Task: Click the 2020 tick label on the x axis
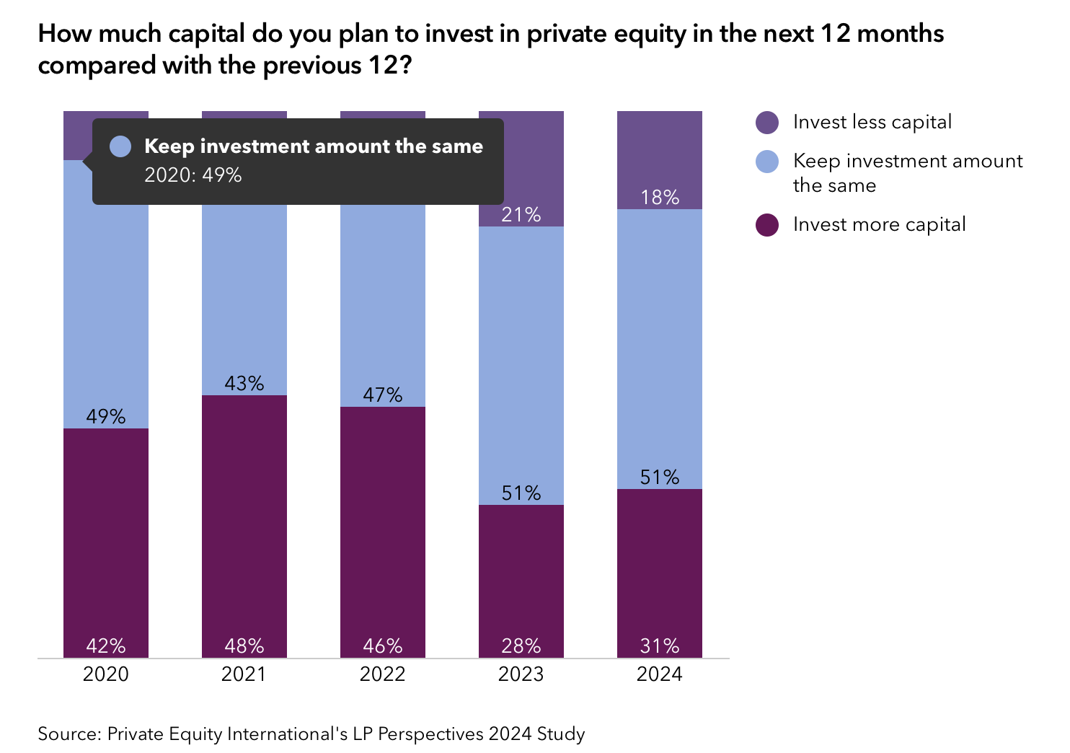106,674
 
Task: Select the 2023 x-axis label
521,674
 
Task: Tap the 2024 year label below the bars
660,674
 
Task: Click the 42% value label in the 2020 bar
106,646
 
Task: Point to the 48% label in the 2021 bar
244,646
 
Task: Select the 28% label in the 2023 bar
521,646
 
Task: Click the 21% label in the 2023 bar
521,214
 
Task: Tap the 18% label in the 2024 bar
660,197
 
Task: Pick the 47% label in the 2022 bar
383,395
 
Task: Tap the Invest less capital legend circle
767,123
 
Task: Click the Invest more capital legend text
879,224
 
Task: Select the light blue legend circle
767,161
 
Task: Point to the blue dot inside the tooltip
120,146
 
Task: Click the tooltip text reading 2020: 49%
193,175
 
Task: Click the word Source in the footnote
69,734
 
